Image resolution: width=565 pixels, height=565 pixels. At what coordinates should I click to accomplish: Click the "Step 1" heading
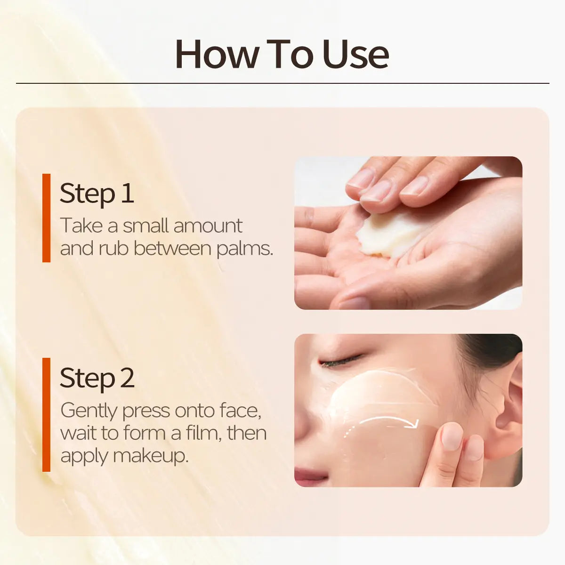(x=97, y=193)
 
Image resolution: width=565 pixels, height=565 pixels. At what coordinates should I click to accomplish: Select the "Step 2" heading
(x=97, y=378)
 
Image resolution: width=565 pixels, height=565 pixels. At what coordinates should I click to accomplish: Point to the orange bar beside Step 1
(x=46, y=218)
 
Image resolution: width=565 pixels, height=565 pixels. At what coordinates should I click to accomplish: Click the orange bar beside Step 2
(x=46, y=414)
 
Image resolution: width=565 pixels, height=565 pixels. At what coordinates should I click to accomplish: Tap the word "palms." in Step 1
(x=245, y=249)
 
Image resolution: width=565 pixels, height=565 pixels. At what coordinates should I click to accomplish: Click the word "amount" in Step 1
(x=207, y=226)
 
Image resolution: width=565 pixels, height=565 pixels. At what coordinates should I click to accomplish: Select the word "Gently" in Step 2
(x=89, y=411)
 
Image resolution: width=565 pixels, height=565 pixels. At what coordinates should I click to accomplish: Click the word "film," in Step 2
(x=202, y=433)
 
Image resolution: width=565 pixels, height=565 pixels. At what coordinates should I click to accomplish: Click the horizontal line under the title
(x=282, y=83)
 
